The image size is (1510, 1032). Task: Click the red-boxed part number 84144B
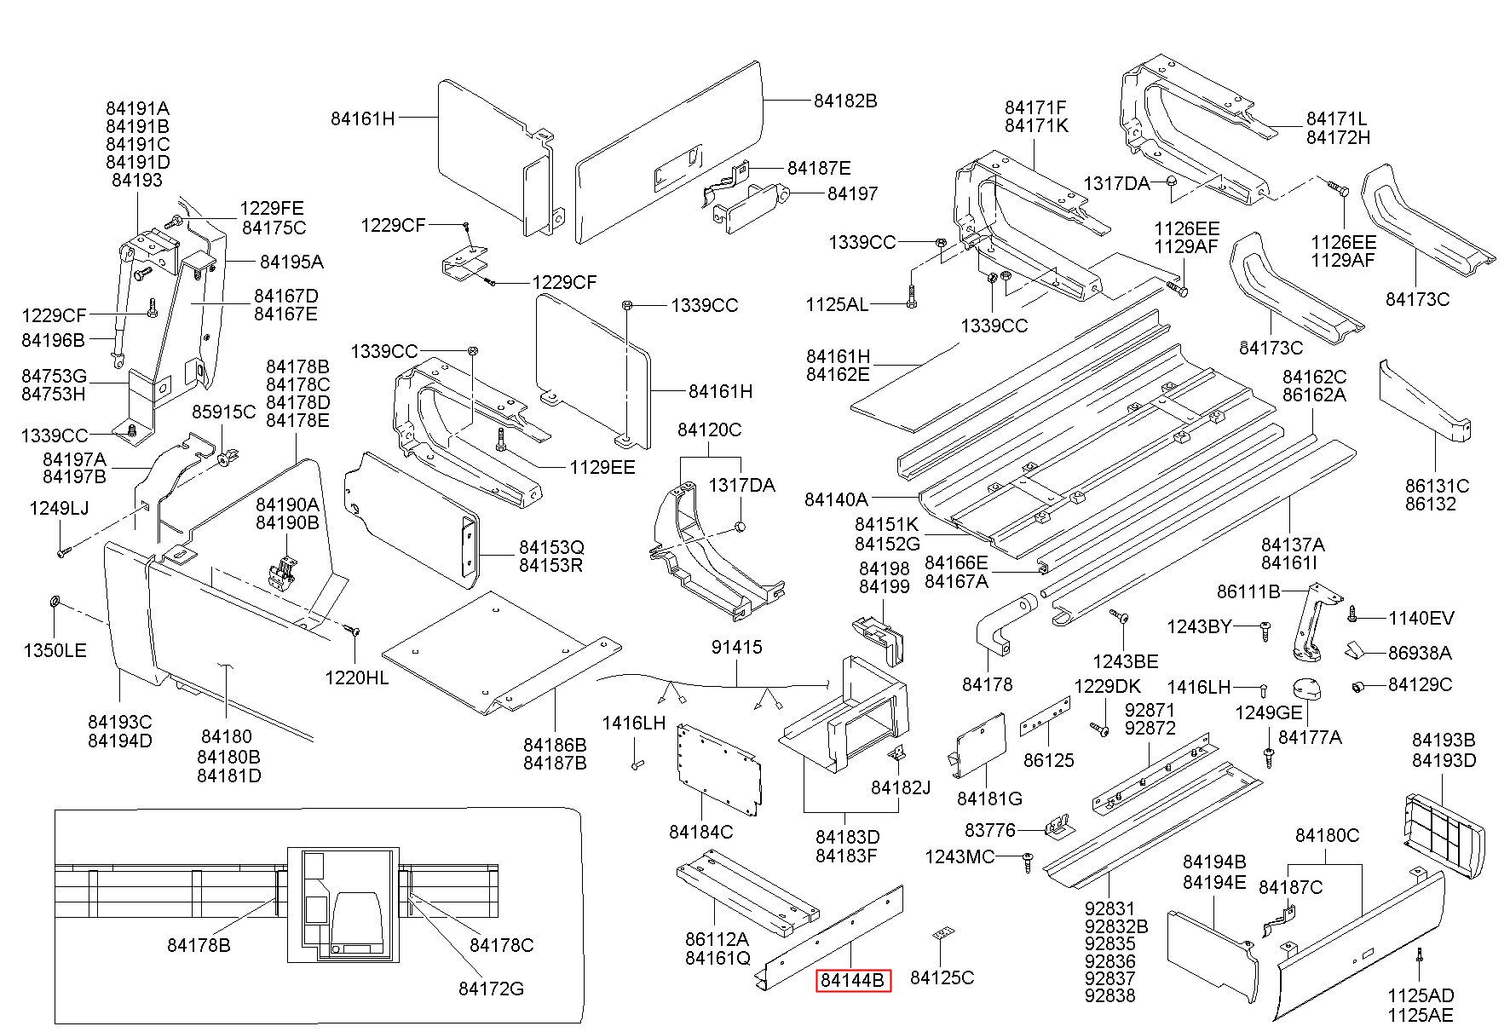(853, 981)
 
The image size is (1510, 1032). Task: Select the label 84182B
(844, 101)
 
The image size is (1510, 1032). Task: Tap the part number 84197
(852, 194)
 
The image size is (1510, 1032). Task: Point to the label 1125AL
(837, 304)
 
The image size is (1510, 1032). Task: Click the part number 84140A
(835, 499)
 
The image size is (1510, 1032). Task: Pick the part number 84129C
(1420, 685)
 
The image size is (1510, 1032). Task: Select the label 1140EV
(1421, 619)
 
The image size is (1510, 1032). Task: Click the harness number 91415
(736, 648)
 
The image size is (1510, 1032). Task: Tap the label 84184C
(700, 832)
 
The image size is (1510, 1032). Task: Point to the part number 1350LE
(55, 651)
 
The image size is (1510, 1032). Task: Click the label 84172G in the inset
(491, 989)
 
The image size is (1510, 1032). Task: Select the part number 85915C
(223, 412)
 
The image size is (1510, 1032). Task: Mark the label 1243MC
(960, 856)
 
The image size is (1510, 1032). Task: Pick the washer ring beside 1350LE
(54, 602)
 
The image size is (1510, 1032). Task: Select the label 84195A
(291, 262)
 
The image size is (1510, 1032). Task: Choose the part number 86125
(1048, 760)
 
